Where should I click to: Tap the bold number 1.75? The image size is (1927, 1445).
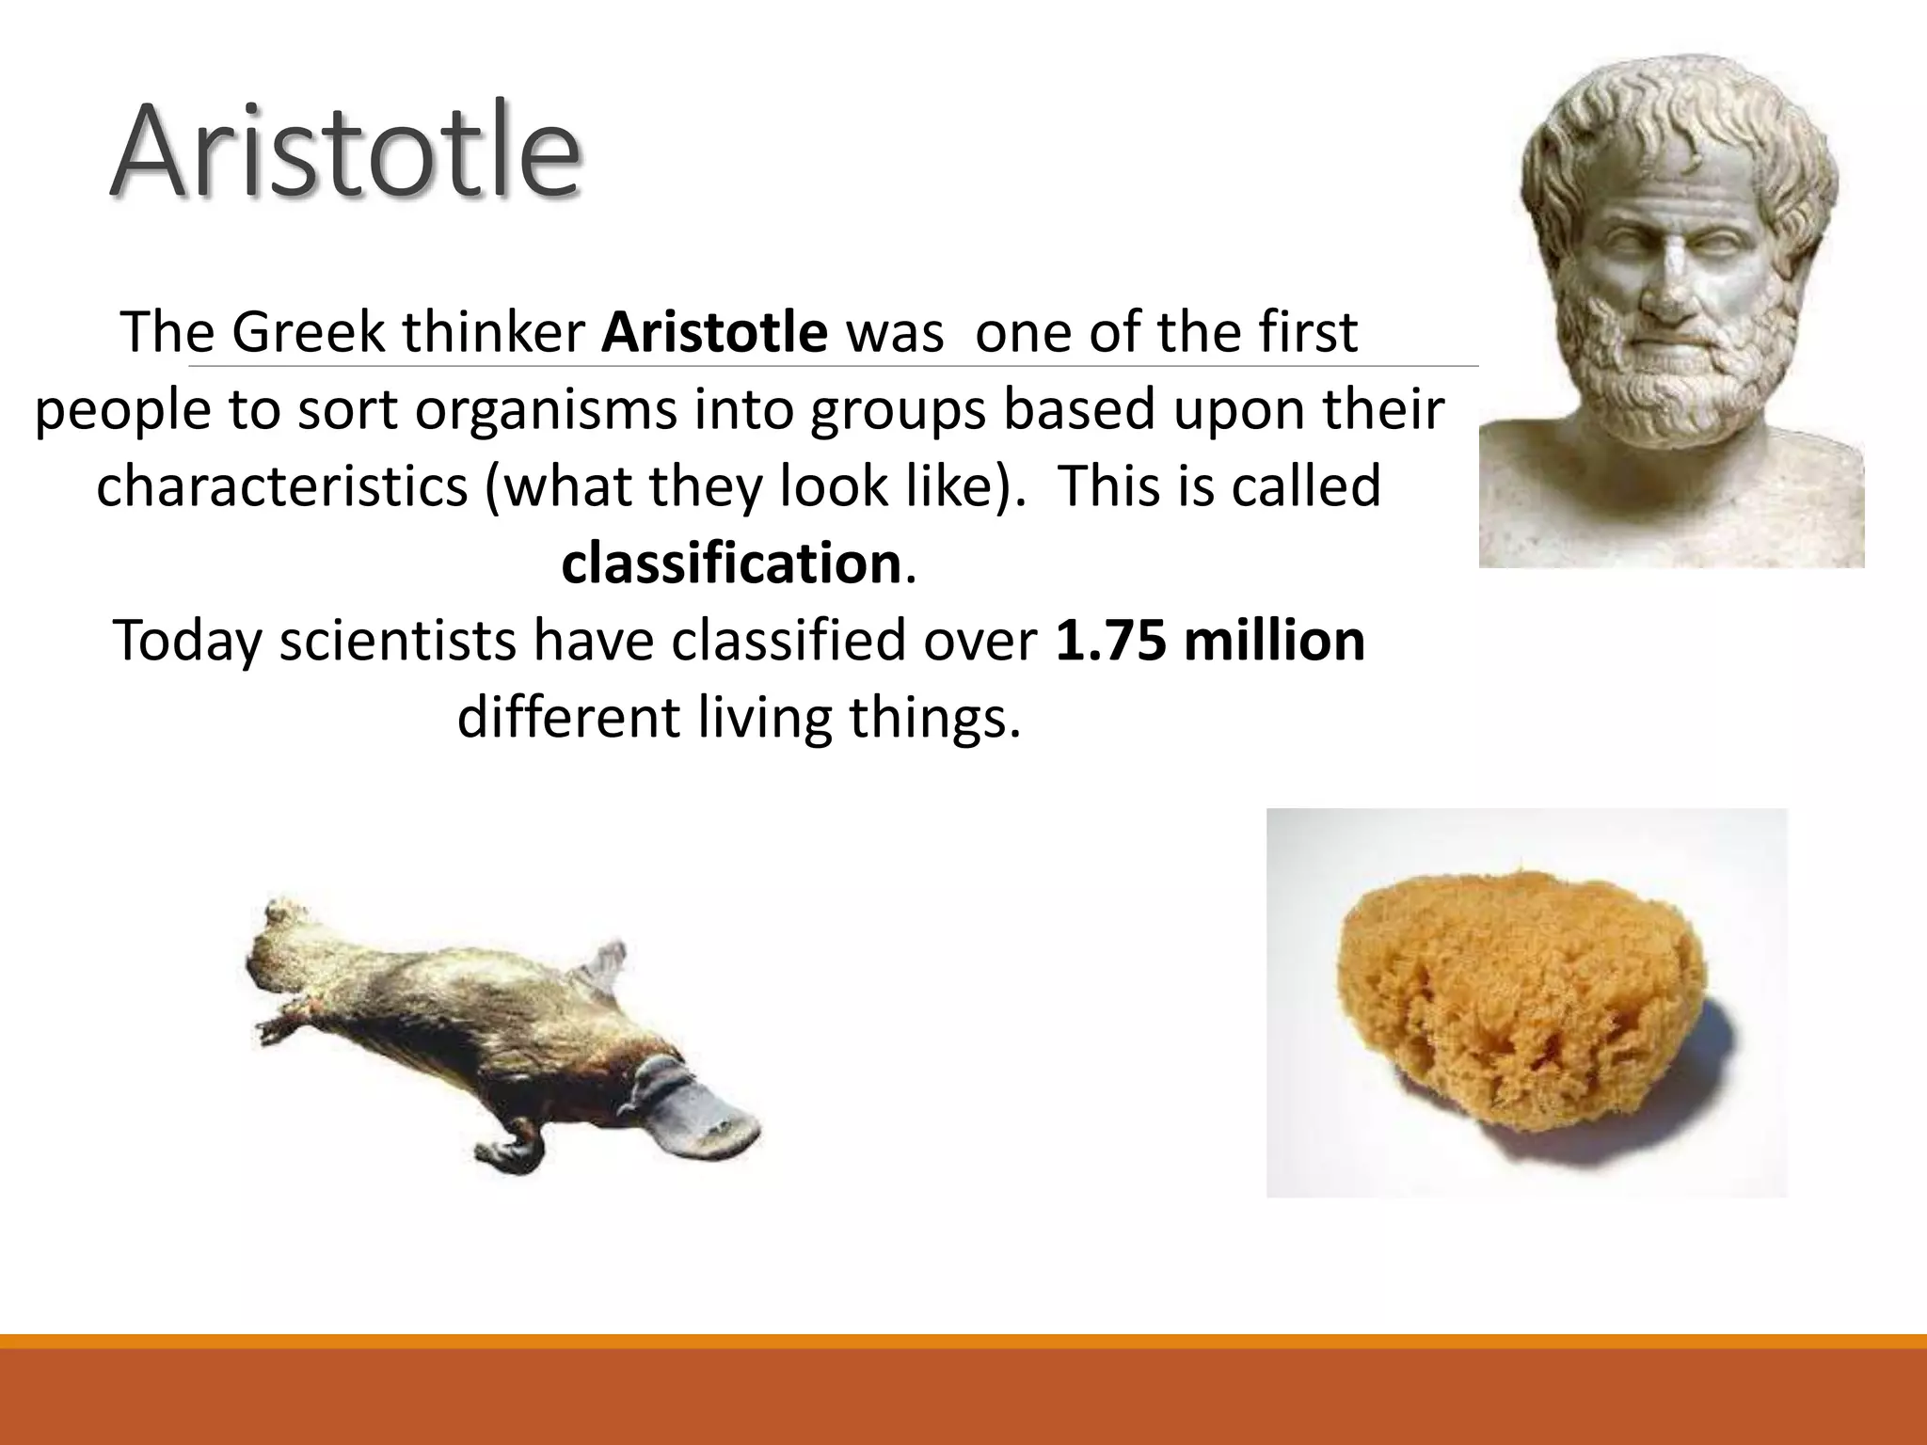[x=1110, y=640]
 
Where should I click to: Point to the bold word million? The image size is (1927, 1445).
[x=1275, y=640]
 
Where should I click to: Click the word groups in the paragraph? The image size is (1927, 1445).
[x=899, y=410]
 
